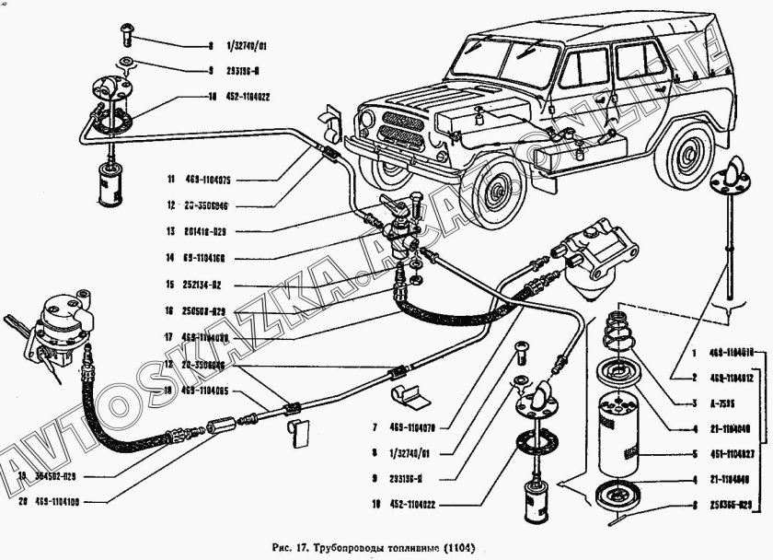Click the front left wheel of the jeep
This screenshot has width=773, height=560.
(497, 190)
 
